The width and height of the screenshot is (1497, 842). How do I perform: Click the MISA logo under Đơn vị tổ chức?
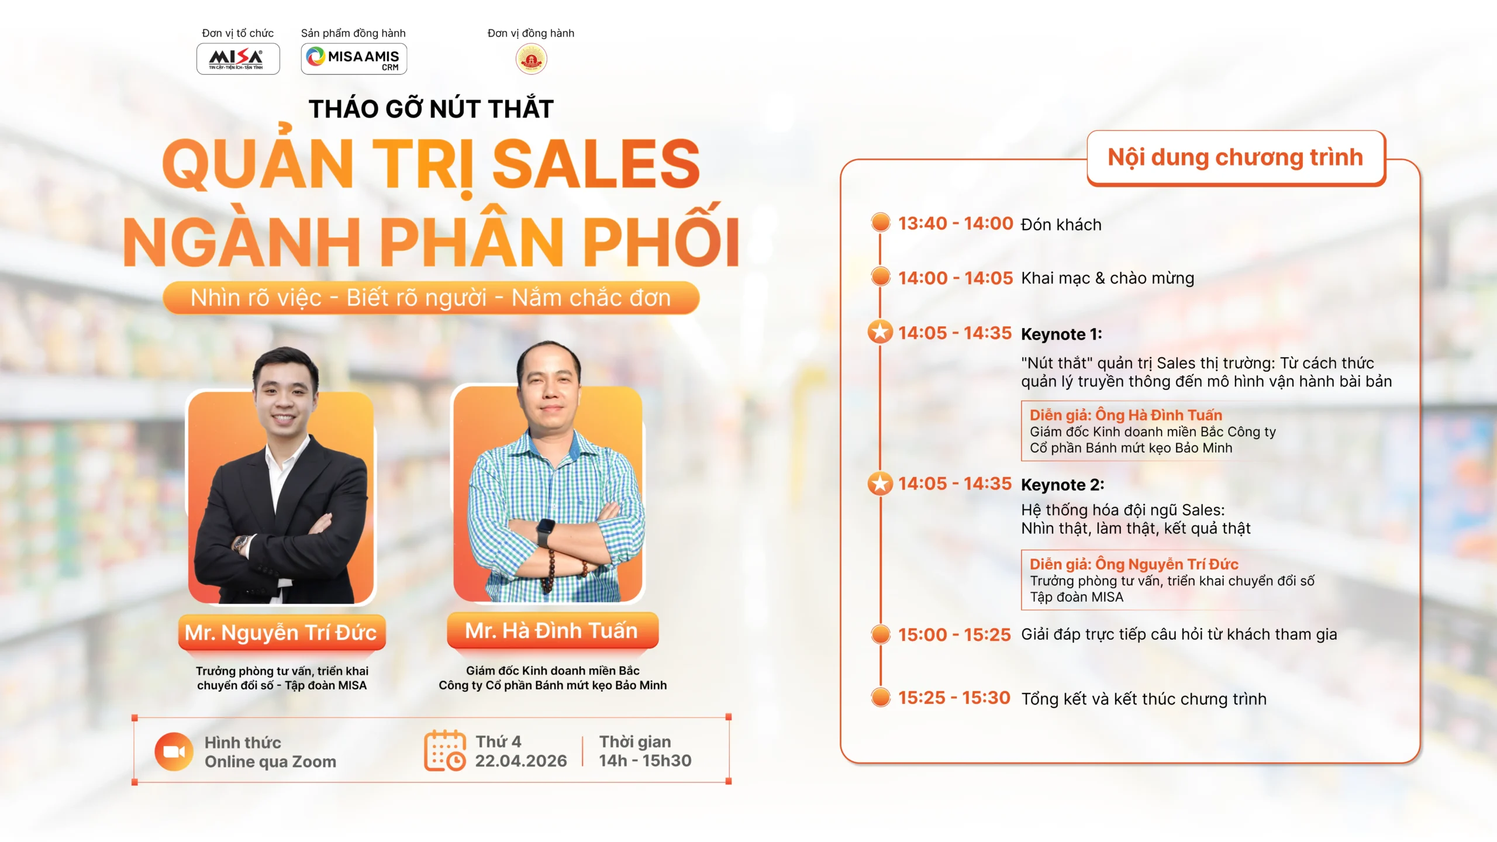pyautogui.click(x=237, y=58)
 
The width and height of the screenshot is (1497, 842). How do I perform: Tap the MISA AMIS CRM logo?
pyautogui.click(x=354, y=59)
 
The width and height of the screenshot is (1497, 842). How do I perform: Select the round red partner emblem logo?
pyautogui.click(x=531, y=59)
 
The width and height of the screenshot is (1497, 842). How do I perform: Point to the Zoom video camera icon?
pyautogui.click(x=174, y=751)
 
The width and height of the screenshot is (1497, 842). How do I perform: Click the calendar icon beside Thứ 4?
pyautogui.click(x=445, y=751)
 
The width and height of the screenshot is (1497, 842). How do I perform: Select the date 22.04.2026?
pyautogui.click(x=520, y=761)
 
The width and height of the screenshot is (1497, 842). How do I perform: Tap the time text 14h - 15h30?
pyautogui.click(x=645, y=761)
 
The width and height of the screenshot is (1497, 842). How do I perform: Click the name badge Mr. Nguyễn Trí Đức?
pyautogui.click(x=281, y=632)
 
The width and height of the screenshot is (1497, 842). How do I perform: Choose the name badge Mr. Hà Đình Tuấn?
pyautogui.click(x=552, y=630)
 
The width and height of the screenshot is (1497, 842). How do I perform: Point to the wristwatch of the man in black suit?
pyautogui.click(x=240, y=543)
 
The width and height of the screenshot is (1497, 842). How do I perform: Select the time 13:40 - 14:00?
pyautogui.click(x=955, y=223)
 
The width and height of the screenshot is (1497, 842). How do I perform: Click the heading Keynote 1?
pyautogui.click(x=1061, y=334)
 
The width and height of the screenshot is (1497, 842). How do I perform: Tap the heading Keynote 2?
pyautogui.click(x=1062, y=485)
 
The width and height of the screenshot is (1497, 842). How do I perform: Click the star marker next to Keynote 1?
pyautogui.click(x=880, y=332)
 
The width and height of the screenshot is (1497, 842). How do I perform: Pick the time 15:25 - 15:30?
pyautogui.click(x=954, y=698)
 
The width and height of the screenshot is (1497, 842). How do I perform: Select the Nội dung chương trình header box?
pyautogui.click(x=1235, y=158)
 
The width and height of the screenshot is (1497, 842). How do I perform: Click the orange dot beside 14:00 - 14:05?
pyautogui.click(x=880, y=277)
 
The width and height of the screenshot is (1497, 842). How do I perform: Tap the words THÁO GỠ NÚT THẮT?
pyautogui.click(x=431, y=109)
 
